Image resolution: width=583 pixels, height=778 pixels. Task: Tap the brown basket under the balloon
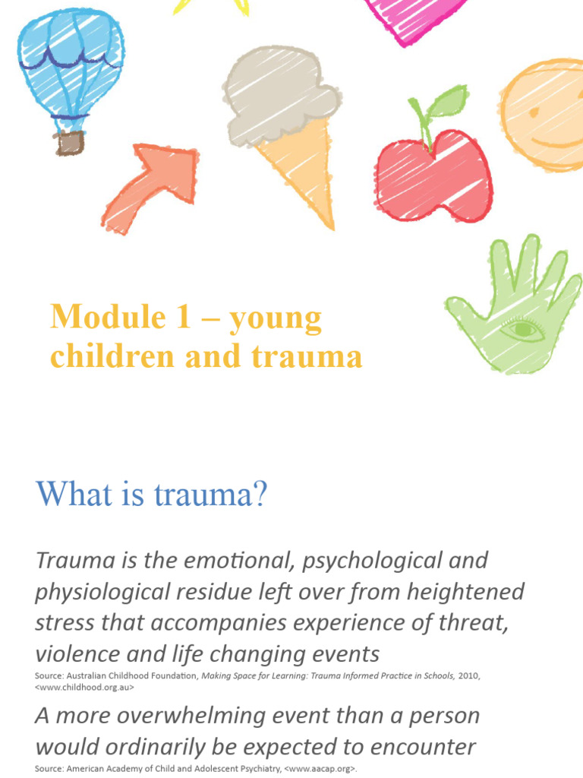pyautogui.click(x=71, y=141)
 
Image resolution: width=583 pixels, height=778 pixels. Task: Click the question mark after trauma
pyautogui.click(x=260, y=495)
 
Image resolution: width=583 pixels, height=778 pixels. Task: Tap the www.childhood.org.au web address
pyautogui.click(x=85, y=688)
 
